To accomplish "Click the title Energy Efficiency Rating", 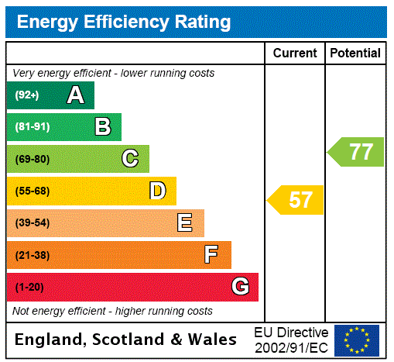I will (x=124, y=22).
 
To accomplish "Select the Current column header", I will (x=295, y=53).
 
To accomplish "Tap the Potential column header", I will (x=355, y=53).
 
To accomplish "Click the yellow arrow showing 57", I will (x=296, y=200).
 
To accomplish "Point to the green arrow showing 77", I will (x=357, y=151).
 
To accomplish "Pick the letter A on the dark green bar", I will (x=75, y=95).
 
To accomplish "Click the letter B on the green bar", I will (x=102, y=127).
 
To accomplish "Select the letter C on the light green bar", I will (x=130, y=159).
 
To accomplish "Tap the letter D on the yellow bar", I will (x=157, y=191).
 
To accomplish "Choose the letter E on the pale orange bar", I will (x=185, y=223).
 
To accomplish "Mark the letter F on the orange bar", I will (x=211, y=255).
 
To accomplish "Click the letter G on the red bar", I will (x=241, y=287).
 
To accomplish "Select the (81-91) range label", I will (x=32, y=127).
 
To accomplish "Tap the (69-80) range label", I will (x=32, y=159).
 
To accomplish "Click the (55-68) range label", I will (x=32, y=191).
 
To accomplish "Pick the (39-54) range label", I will (x=32, y=223).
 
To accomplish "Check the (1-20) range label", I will (x=29, y=287).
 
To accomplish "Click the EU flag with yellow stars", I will (x=357, y=340).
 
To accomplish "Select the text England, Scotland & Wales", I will (x=126, y=340).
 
